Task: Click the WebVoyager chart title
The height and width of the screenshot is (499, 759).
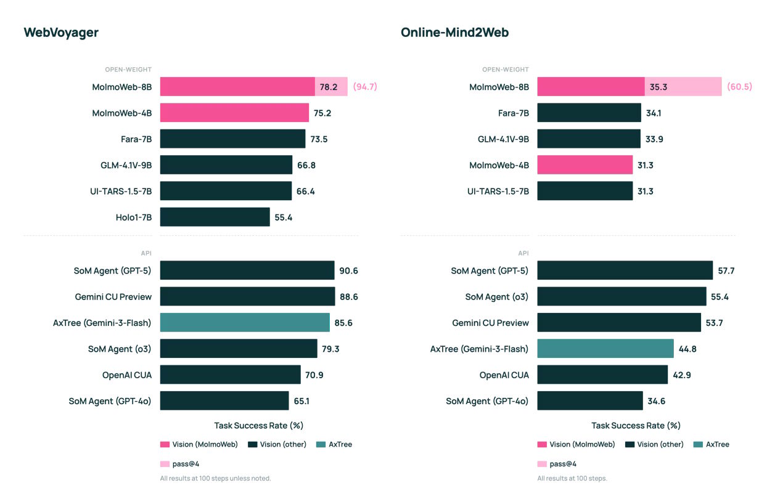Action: [61, 33]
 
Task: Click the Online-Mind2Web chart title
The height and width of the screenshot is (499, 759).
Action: [454, 33]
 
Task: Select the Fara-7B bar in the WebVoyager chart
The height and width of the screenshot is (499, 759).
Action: [232, 139]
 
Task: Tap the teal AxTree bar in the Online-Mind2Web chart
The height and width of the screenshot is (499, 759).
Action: [605, 349]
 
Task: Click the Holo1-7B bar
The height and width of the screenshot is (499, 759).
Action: [215, 217]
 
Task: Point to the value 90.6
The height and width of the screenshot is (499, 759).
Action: [348, 270]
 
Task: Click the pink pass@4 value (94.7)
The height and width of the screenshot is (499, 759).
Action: [364, 87]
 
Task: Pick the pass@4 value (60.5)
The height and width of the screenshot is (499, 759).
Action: [739, 87]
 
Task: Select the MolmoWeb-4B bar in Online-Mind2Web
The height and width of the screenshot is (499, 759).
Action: [585, 165]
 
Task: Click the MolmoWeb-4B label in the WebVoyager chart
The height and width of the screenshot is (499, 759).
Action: [121, 113]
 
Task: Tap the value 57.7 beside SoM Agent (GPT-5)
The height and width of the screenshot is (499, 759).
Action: [726, 270]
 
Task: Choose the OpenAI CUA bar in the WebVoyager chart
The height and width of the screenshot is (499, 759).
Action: [231, 375]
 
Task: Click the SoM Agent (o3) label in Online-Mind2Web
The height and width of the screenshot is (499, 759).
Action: [496, 297]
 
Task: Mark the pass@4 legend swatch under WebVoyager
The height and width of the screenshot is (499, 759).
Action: [165, 464]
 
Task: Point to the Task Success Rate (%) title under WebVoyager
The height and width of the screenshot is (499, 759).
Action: [259, 425]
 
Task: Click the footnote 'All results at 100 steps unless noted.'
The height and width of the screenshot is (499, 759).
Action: [215, 478]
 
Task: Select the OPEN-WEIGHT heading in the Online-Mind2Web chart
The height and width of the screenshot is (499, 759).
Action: [505, 70]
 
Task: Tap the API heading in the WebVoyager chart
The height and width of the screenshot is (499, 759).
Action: [146, 253]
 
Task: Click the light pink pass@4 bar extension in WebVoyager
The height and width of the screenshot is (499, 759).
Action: [331, 87]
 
